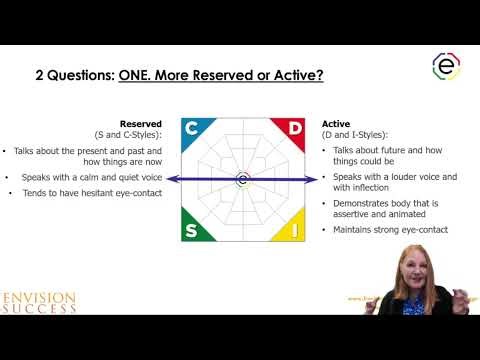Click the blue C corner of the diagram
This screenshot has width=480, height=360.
[x=193, y=128]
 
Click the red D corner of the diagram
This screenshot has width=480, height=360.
[x=293, y=128]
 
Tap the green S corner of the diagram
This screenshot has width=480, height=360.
[x=192, y=230]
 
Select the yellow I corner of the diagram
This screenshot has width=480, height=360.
[x=293, y=230]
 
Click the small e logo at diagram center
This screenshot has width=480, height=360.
[x=243, y=180]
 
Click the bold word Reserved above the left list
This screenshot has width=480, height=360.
[x=142, y=125]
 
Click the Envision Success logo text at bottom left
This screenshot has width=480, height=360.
[x=40, y=302]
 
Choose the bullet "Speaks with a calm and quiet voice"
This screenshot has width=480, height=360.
[x=90, y=177]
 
